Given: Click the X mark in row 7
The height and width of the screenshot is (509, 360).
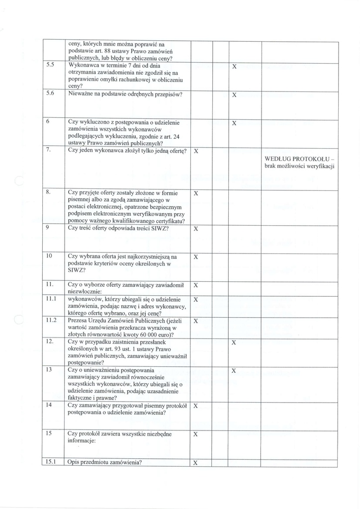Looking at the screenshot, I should [196, 151].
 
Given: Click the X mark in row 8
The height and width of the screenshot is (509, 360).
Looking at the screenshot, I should [196, 193].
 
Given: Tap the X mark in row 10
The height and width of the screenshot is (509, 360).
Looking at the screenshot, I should [196, 257].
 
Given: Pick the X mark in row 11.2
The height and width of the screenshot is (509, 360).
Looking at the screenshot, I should [196, 321].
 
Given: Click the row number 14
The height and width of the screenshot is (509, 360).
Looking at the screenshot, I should [49, 405].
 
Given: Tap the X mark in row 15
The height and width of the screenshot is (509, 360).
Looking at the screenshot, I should [196, 434].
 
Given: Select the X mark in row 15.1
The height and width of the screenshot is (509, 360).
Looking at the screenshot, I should [196, 463].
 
